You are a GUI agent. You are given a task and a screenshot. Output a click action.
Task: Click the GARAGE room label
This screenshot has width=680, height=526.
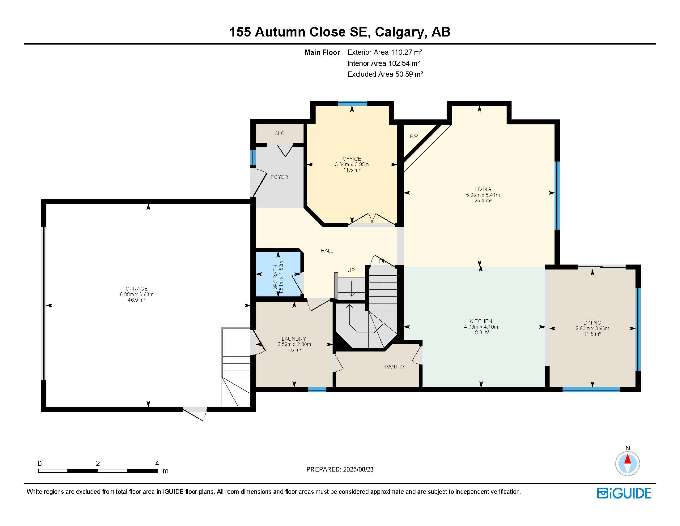137,289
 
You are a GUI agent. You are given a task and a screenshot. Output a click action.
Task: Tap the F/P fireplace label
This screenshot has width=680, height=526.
414,136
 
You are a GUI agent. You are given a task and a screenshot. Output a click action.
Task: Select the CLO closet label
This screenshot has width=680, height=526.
279,133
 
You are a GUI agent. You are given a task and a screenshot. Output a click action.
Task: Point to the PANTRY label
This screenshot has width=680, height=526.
395,367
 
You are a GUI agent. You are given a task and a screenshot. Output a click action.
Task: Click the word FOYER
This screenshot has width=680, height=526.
279,177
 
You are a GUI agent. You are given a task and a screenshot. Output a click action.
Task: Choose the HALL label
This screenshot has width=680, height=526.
327,251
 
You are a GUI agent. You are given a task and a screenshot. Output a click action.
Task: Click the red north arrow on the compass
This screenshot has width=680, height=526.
628,459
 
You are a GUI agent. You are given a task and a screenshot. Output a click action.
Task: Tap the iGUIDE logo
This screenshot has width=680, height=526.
624,493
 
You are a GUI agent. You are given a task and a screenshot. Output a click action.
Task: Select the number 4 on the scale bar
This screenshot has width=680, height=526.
157,463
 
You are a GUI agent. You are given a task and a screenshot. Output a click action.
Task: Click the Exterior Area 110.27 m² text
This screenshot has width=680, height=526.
385,52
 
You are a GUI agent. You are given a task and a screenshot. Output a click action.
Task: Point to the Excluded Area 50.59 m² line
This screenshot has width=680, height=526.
385,74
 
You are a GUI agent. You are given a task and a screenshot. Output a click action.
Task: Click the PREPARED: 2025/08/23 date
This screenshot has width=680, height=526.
340,469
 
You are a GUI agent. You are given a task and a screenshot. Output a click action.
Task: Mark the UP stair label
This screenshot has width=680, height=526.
351,270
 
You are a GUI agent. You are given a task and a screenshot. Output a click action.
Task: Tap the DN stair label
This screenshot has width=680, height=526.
383,261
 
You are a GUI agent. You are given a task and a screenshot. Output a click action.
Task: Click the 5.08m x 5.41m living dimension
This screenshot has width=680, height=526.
483,195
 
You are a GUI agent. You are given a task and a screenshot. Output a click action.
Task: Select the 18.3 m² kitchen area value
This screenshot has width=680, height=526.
481,333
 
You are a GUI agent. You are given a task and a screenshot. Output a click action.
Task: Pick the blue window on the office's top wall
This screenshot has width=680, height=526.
353,103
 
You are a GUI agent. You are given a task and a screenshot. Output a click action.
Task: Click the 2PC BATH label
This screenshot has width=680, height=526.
275,277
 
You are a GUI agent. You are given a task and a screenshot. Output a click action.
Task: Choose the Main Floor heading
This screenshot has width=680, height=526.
322,52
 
